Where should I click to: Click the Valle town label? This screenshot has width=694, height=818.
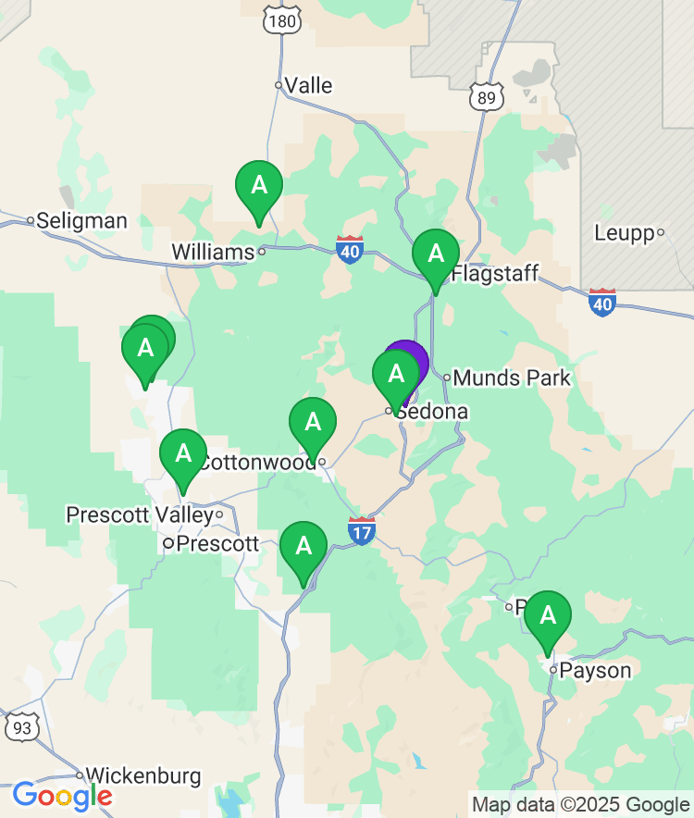coord(308,85)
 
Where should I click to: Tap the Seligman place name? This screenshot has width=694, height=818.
coord(81,220)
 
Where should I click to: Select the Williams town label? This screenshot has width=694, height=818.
coord(213,252)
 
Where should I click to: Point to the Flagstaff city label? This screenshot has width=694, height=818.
coord(495,274)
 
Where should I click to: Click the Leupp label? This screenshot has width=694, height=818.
coord(624,233)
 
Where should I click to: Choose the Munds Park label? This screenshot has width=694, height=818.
coord(512,378)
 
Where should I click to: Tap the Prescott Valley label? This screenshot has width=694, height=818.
coord(139,514)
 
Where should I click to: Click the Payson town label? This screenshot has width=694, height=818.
coord(595,670)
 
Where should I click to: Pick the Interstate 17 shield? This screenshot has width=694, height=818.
coord(362,531)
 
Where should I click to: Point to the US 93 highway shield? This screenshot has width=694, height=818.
coord(21,727)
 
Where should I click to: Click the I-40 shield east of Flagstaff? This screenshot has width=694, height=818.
coord(602,302)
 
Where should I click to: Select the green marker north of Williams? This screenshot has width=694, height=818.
coord(259,186)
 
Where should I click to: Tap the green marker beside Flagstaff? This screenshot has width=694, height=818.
coord(435,254)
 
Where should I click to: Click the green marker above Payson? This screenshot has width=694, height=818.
coord(548,615)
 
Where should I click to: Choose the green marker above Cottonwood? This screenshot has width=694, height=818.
coord(313,423)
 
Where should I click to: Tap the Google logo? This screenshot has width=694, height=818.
coord(62,795)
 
